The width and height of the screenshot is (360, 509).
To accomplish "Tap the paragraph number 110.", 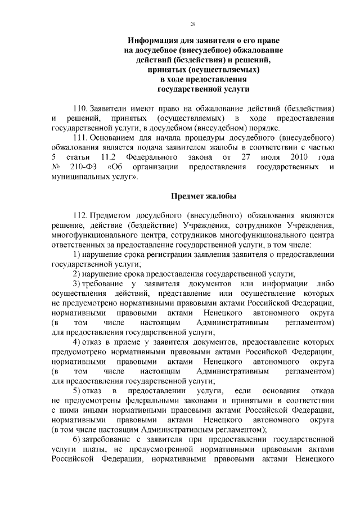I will point(81,107).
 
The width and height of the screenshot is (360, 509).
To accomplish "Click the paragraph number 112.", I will point(81,215).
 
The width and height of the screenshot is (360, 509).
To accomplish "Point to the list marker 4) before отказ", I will point(78,342).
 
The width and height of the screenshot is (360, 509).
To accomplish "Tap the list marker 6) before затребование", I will point(78,439).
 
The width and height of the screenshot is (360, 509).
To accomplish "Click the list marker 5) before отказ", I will point(78,390).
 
